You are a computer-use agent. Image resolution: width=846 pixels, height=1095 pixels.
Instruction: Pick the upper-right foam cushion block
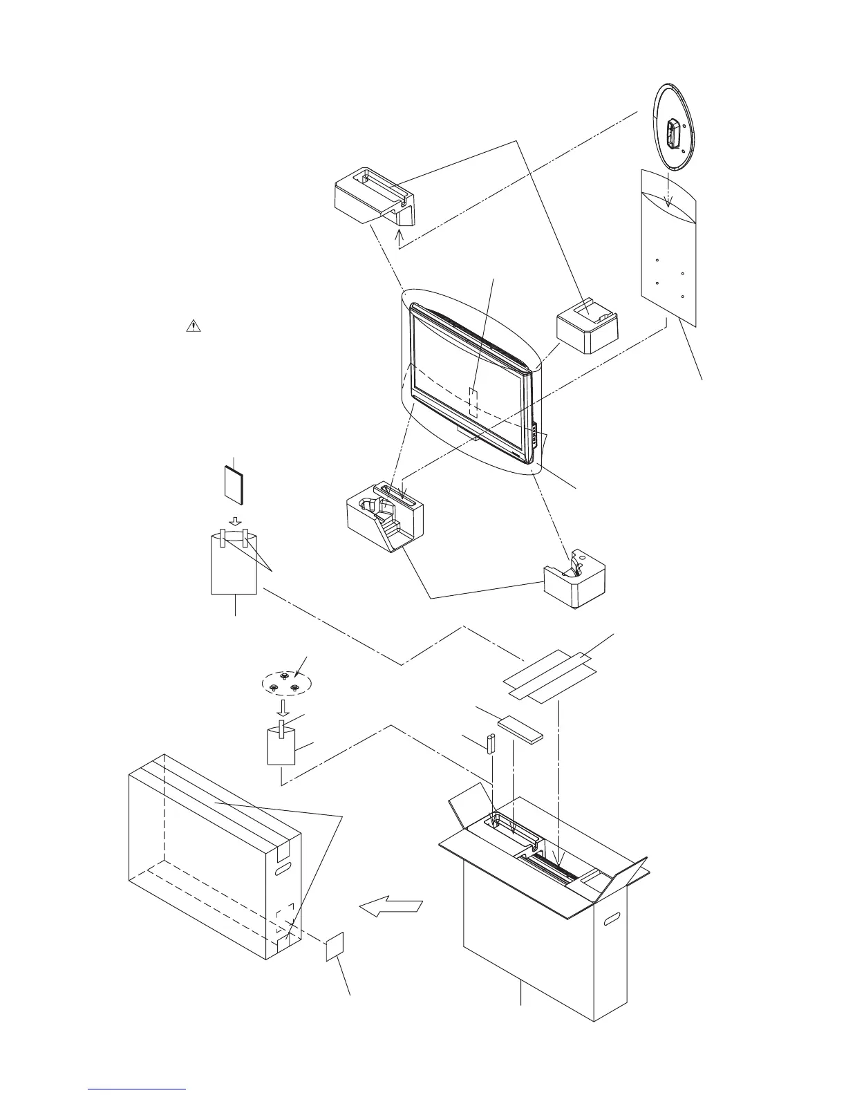coord(588,326)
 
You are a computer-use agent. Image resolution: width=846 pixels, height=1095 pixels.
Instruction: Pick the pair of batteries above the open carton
coord(491,745)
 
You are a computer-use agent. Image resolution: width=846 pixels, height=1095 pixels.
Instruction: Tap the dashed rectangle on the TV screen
coord(473,402)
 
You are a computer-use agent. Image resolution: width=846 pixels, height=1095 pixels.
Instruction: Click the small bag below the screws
coord(281,747)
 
